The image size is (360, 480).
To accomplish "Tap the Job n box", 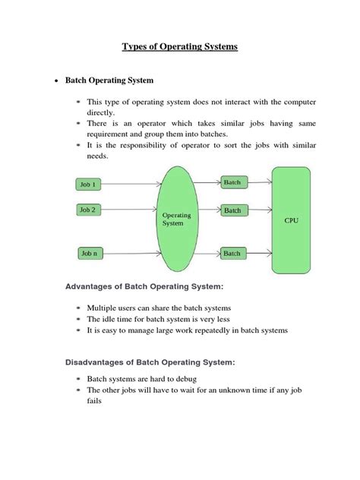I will tap(90, 252).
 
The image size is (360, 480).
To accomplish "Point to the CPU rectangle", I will tap(291, 220).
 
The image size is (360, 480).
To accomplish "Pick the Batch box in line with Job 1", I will tap(232, 182).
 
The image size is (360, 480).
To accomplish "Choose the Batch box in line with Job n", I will tap(232, 253).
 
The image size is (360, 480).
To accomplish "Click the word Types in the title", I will tap(137, 47).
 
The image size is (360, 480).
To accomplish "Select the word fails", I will tap(95, 402).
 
